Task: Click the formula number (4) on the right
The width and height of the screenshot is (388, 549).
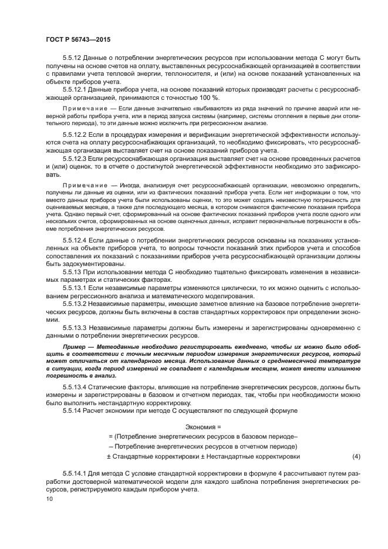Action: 356,456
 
